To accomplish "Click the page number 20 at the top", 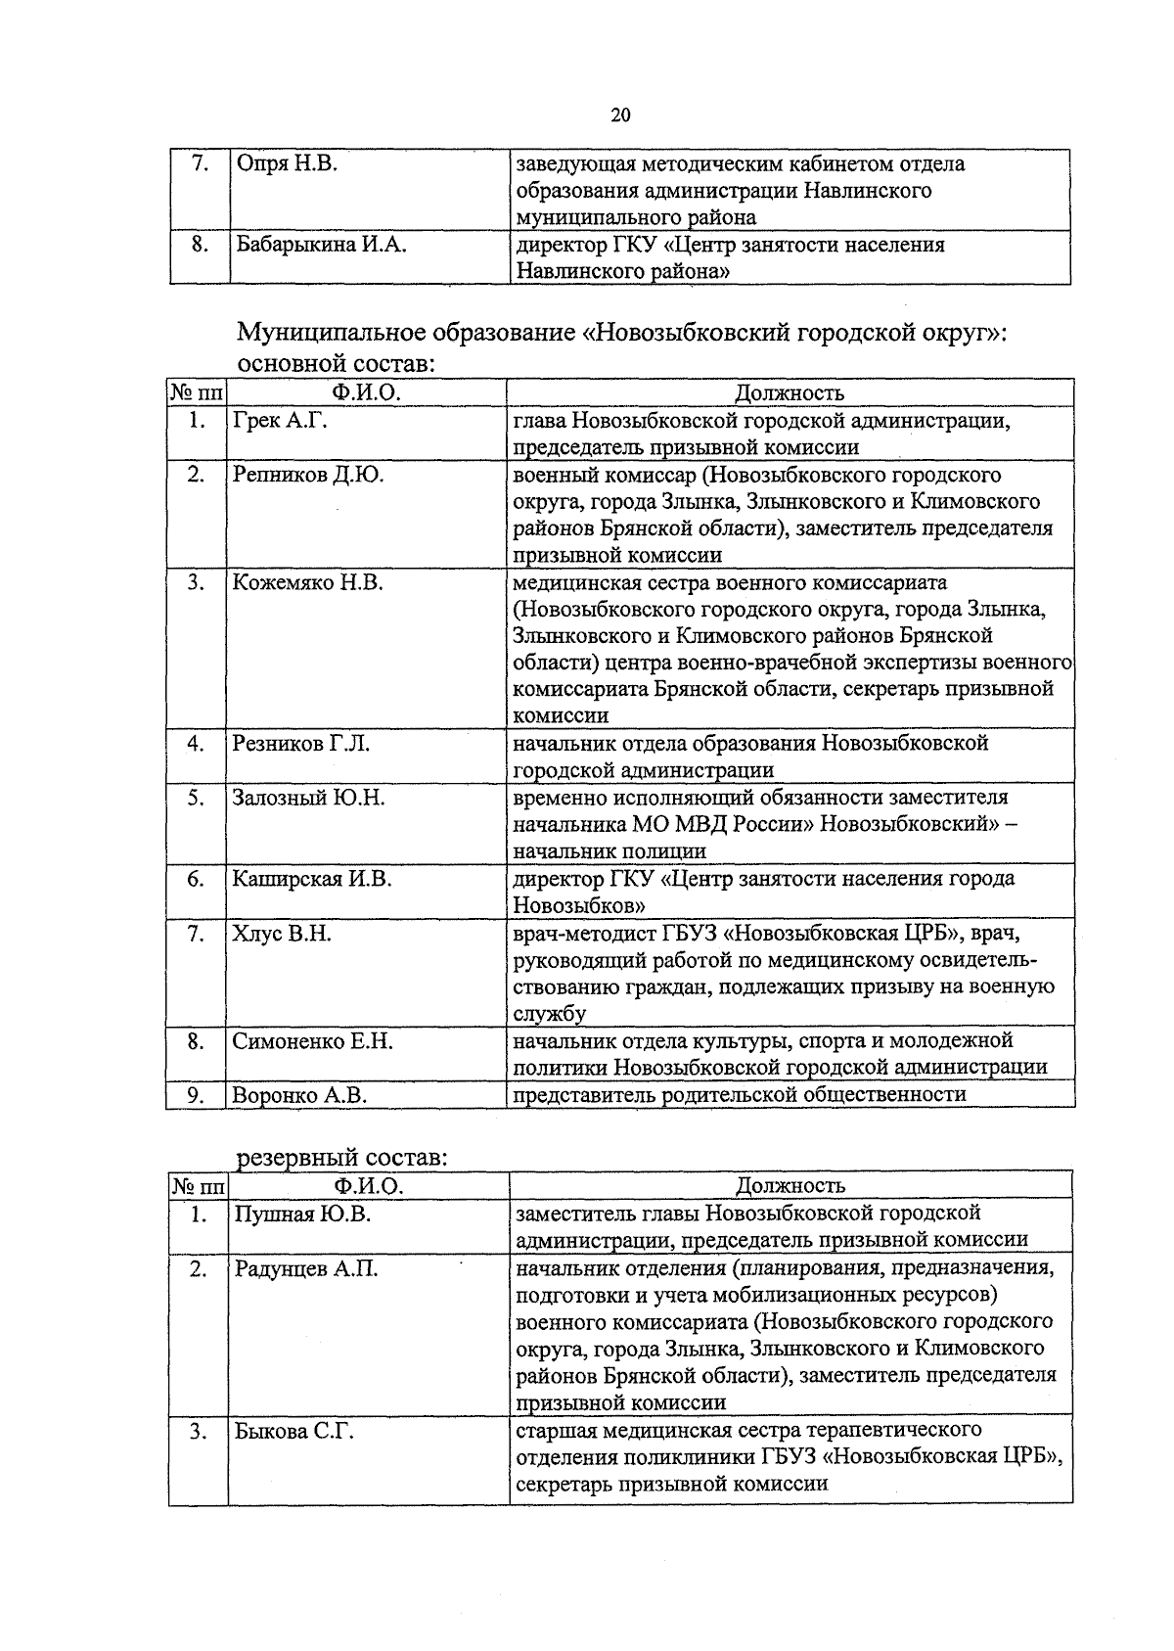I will point(620,115).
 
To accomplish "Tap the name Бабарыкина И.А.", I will point(321,245).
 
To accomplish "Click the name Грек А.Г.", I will point(280,421).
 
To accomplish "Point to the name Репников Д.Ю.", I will point(308,475).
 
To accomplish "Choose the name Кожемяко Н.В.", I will point(307,582).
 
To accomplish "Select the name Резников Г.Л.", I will point(301,743).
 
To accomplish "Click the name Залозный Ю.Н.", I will point(309,798).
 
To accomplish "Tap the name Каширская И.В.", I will point(312,879).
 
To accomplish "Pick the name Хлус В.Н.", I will point(282,934).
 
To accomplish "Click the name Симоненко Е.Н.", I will point(313,1041).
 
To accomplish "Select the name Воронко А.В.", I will point(299,1095).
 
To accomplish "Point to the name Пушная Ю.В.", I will point(302,1215).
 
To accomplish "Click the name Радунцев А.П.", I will point(306,1269).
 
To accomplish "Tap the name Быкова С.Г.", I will point(294,1432).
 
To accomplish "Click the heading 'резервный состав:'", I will point(342,1158).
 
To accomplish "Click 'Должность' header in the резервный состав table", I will point(790,1186).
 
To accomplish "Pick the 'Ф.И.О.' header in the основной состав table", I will point(366,393).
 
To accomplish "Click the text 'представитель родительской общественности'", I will point(740,1094).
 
